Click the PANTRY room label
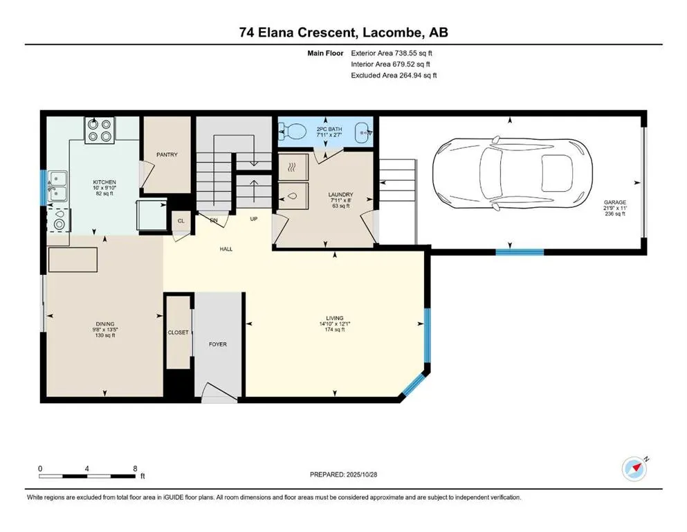167,154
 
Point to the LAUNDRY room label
340,195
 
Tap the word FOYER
218,344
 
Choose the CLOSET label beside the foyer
178,332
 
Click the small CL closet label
181,222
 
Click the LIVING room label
335,318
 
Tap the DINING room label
105,323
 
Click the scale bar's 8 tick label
135,468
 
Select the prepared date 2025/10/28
343,475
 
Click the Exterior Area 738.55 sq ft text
394,53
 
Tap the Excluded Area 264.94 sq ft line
394,75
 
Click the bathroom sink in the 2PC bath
361,130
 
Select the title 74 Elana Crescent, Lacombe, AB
343,33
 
